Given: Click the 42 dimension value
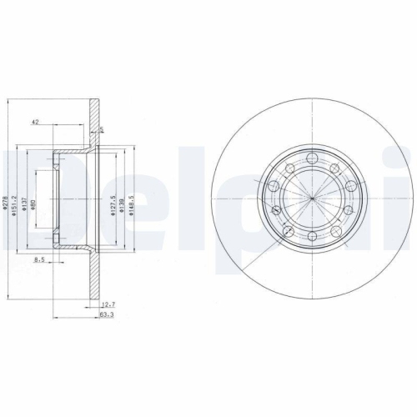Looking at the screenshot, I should (x=35, y=123).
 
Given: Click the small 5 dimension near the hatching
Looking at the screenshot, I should (x=102, y=129).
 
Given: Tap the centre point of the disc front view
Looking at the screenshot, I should (x=310, y=198).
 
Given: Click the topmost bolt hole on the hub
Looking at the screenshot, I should (x=310, y=158).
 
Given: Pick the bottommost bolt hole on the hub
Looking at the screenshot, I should (x=310, y=238).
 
